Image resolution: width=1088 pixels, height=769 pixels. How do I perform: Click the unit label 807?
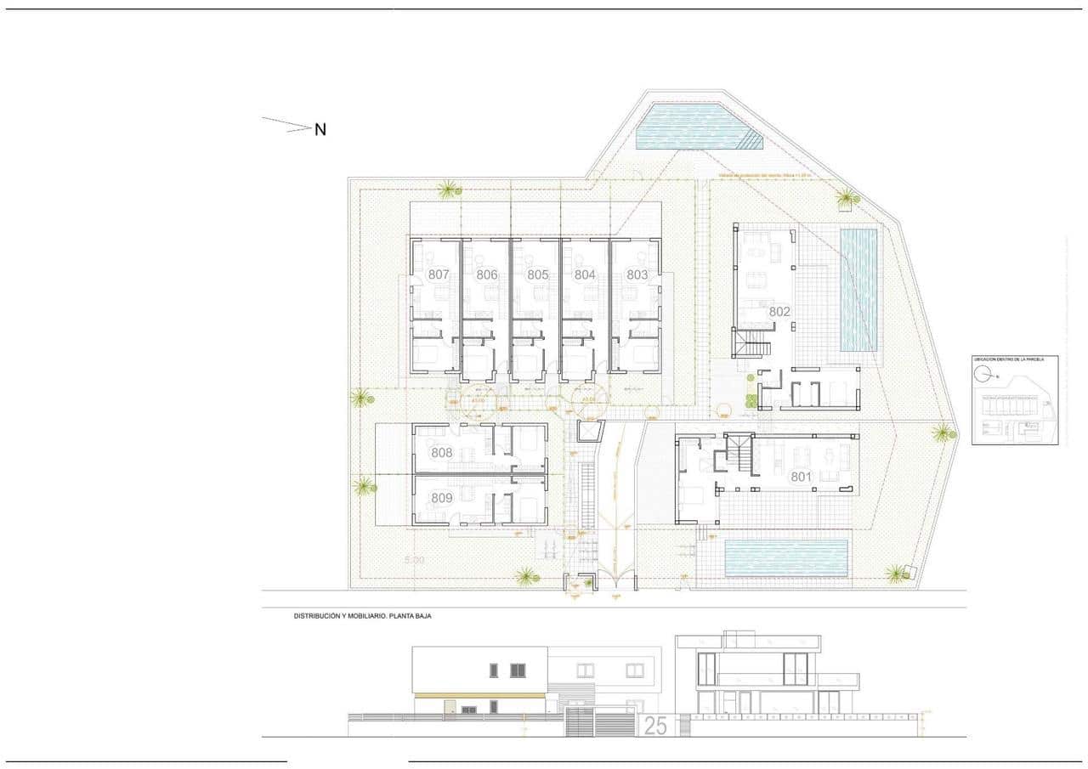[439, 274]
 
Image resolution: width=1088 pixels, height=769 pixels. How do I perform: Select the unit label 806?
[487, 274]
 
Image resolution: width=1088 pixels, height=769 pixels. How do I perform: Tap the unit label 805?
[537, 274]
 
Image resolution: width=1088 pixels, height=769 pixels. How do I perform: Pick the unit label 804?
[585, 274]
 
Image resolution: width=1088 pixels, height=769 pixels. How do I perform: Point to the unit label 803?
[637, 274]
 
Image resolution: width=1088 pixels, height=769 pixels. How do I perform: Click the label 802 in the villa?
[779, 312]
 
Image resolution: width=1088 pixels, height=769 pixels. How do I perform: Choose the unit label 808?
[442, 453]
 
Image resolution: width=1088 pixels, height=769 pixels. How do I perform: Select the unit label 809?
[442, 499]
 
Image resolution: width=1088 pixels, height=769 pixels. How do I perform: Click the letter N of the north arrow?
[320, 130]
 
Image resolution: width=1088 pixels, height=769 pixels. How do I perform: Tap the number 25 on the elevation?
[655, 726]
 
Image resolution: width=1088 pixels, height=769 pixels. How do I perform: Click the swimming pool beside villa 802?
[858, 290]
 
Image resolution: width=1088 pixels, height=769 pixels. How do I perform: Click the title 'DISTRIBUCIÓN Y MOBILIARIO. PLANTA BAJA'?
[363, 615]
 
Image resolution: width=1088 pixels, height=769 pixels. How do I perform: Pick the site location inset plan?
[1015, 400]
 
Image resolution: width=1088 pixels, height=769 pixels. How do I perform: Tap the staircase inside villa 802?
[754, 344]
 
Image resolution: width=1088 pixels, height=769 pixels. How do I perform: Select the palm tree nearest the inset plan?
[943, 433]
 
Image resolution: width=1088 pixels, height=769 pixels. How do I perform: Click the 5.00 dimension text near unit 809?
[415, 561]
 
